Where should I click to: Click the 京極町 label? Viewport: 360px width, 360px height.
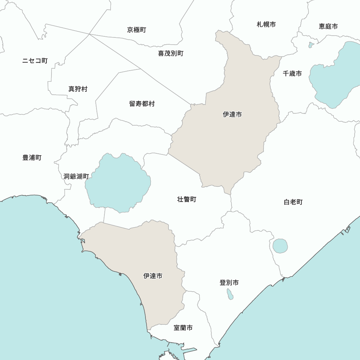point(136,30)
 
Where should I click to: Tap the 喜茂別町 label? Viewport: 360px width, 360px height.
point(171,54)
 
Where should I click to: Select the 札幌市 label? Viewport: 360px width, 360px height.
point(266,24)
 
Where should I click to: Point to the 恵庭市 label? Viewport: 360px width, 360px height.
point(328,26)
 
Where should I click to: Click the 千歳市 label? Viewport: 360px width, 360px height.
point(292,73)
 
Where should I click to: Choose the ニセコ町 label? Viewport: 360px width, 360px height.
point(35,60)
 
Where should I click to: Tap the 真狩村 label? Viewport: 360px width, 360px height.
point(78,89)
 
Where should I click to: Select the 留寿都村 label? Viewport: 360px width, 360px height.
point(142,104)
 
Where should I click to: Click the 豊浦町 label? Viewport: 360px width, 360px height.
point(32,158)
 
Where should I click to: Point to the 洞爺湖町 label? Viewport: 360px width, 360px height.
point(76,176)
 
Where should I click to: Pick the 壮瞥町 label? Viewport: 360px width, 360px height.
point(187,199)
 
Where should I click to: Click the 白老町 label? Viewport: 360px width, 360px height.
point(293,202)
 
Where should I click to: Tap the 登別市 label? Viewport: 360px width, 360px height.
point(229,283)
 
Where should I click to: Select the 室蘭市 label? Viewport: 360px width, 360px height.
point(183,328)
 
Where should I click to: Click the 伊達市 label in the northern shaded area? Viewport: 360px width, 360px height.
point(232,114)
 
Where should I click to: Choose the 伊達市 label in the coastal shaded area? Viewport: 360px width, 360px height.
point(153,276)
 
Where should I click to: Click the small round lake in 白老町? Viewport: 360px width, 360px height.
point(280,246)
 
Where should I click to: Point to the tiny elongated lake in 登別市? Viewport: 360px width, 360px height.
point(230,294)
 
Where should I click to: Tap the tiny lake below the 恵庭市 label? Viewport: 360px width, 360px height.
point(311,45)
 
